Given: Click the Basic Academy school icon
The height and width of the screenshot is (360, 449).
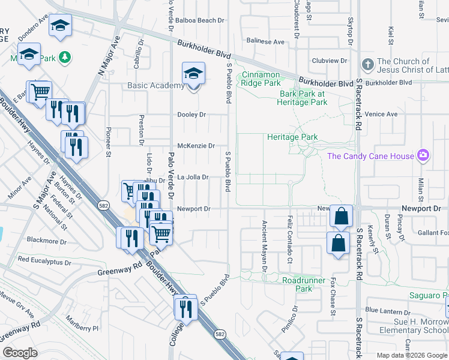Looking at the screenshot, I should pos(193,74).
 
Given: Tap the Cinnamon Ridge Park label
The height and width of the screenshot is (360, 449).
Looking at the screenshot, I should pos(261,79).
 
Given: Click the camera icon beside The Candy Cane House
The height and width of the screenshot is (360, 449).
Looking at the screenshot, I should pos(423,156).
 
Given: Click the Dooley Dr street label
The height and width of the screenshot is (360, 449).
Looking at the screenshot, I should pos(191,115).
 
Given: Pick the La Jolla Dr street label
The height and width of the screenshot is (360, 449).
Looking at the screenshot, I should pos(191,177).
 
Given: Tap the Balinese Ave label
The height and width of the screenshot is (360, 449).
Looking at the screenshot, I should pos(265,42).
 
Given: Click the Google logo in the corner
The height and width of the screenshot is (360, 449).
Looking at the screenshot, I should pos(20,352).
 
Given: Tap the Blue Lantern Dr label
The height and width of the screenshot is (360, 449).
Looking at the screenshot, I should pos(387,310).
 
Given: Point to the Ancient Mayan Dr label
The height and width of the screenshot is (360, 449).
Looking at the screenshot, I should pos(264,246).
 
